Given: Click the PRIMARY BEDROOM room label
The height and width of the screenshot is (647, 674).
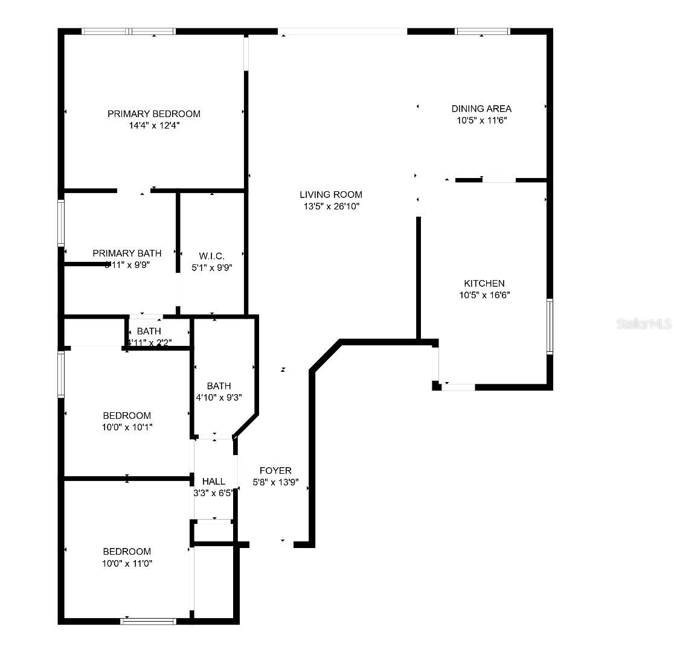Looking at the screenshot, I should [x=154, y=113].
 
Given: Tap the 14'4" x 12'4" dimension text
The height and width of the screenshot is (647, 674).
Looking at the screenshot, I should [x=154, y=126].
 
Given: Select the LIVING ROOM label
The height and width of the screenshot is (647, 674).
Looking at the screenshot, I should [x=331, y=194].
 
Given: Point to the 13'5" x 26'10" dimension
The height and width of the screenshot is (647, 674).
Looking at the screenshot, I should [x=331, y=206].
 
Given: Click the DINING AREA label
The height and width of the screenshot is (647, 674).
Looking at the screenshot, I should [x=481, y=109].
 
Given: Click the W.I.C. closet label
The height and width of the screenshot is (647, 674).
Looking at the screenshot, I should [x=212, y=256].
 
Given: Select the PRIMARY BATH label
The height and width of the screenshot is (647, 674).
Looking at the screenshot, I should [x=127, y=253].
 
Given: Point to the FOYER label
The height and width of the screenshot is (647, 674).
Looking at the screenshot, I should [x=275, y=470].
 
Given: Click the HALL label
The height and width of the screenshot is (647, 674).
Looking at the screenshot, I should [x=214, y=481].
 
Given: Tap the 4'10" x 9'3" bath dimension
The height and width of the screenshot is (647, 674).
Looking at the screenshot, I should [x=219, y=398].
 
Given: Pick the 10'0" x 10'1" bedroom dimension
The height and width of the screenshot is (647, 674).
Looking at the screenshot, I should [x=127, y=427].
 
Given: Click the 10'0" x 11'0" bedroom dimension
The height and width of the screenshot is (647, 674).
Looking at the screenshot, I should [x=127, y=563].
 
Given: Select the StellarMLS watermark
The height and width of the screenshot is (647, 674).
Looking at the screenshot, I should [x=644, y=324].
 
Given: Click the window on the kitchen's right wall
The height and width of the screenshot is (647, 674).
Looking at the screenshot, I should [x=550, y=326].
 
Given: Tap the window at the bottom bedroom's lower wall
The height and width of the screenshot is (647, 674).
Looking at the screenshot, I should [x=148, y=620].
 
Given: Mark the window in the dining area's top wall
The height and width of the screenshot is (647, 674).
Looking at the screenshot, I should [x=482, y=31].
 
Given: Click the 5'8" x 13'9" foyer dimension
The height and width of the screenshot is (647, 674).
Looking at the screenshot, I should [x=275, y=482].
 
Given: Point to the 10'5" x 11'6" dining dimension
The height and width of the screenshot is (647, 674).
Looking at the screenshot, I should [x=481, y=121].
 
